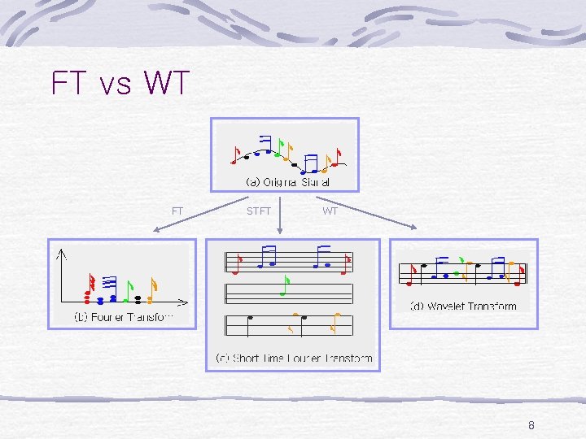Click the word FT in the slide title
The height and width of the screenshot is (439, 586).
pyautogui.click(x=68, y=83)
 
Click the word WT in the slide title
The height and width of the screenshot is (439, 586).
pyautogui.click(x=166, y=83)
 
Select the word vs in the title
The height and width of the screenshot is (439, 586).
pyautogui.click(x=114, y=85)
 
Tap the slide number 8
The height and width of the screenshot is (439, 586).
pyautogui.click(x=531, y=424)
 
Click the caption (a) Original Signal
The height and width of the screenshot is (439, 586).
pyautogui.click(x=287, y=182)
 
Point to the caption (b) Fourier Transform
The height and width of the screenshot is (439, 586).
pyautogui.click(x=123, y=316)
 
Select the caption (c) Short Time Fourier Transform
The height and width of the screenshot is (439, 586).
pyautogui.click(x=293, y=358)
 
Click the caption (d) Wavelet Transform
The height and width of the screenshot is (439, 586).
pyautogui.click(x=462, y=306)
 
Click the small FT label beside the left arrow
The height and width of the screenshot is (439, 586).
pyautogui.click(x=177, y=211)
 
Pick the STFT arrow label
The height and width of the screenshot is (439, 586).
pyautogui.click(x=259, y=211)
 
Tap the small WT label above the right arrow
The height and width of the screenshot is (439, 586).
pyautogui.click(x=330, y=211)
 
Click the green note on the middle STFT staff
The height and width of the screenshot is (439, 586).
pyautogui.click(x=285, y=285)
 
